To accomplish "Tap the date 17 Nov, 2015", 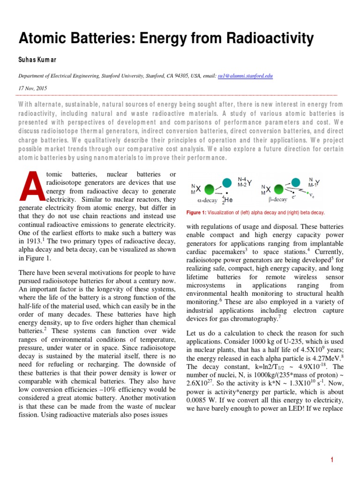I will (33, 88).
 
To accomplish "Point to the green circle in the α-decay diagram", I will (209, 189).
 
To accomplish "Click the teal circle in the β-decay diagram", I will (296, 181).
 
